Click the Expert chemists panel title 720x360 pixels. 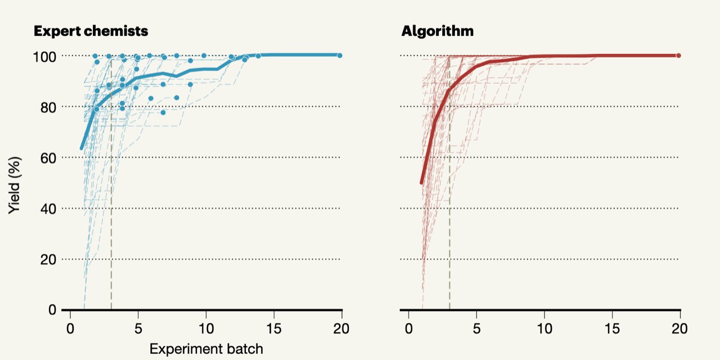[91, 31]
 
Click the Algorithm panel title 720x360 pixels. [437, 31]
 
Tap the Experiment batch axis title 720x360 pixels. [206, 349]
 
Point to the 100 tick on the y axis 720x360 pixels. [45, 56]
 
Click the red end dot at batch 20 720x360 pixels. [678, 56]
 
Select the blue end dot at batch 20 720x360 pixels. [340, 56]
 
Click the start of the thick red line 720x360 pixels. [421, 183]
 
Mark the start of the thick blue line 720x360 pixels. [82, 148]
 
